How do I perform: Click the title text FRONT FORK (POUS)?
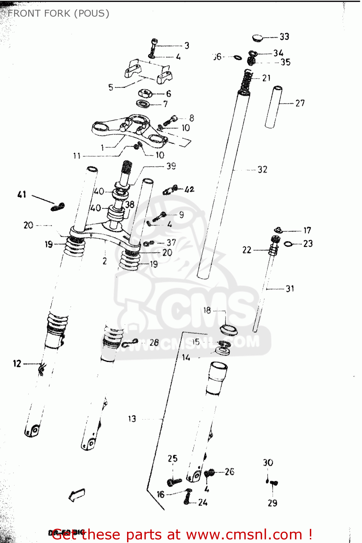click(x=58, y=13)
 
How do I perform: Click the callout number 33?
click(x=285, y=37)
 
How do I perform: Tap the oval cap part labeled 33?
click(x=258, y=37)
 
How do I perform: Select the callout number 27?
click(x=300, y=103)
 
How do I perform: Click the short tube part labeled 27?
click(x=274, y=107)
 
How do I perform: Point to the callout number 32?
click(x=262, y=169)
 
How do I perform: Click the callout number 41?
click(x=22, y=194)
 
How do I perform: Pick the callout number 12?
click(x=17, y=363)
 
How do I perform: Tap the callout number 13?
click(x=132, y=419)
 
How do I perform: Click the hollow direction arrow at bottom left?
click(x=77, y=495)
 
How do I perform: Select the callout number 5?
click(x=111, y=87)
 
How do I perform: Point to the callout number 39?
click(x=171, y=166)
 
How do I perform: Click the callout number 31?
click(x=290, y=289)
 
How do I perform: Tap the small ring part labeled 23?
click(x=288, y=244)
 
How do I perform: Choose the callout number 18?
click(x=207, y=310)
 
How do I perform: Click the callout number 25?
click(x=173, y=459)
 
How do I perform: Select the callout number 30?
click(x=268, y=462)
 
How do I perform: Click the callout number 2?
click(x=105, y=261)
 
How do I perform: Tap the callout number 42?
click(x=189, y=189)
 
